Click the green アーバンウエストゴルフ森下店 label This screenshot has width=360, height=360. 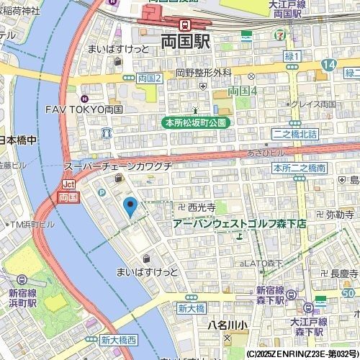[240, 224]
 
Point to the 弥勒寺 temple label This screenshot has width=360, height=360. [338, 214]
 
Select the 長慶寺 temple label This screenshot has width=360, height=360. [343, 274]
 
